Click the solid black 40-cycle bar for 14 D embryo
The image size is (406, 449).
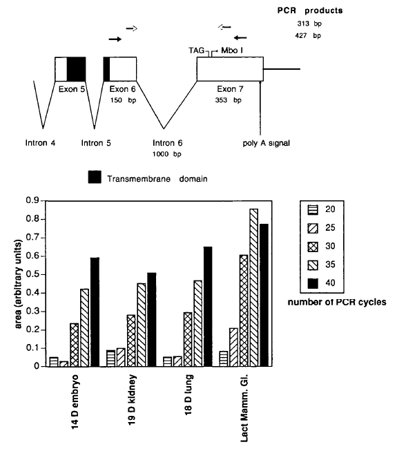pos(95,312)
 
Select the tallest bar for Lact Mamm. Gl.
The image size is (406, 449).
pos(253,288)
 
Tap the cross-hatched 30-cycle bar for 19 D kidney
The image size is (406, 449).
pos(131,341)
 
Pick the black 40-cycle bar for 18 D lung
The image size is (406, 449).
pos(208,307)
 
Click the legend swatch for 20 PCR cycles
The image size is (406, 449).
pos(313,210)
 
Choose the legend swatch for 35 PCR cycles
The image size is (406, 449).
pos(313,265)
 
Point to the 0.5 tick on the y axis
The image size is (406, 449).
pos(43,275)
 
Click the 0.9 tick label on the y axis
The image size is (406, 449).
pos(32,200)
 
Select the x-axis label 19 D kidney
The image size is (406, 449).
pos(132,400)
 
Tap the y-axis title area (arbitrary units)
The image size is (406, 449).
pos(18,284)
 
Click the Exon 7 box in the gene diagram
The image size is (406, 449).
pos(230,68)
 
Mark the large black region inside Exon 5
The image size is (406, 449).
pos(76,68)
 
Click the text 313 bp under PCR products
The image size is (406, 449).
pos(309,23)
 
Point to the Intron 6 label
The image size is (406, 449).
pos(168,143)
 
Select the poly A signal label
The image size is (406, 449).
pos(267,143)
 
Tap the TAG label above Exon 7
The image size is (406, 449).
pos(196,50)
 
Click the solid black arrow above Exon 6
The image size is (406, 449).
pos(115,39)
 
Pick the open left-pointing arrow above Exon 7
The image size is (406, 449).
pos(224,27)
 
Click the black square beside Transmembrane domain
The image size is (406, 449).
pos(95,177)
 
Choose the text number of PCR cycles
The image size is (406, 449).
pos(337,302)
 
